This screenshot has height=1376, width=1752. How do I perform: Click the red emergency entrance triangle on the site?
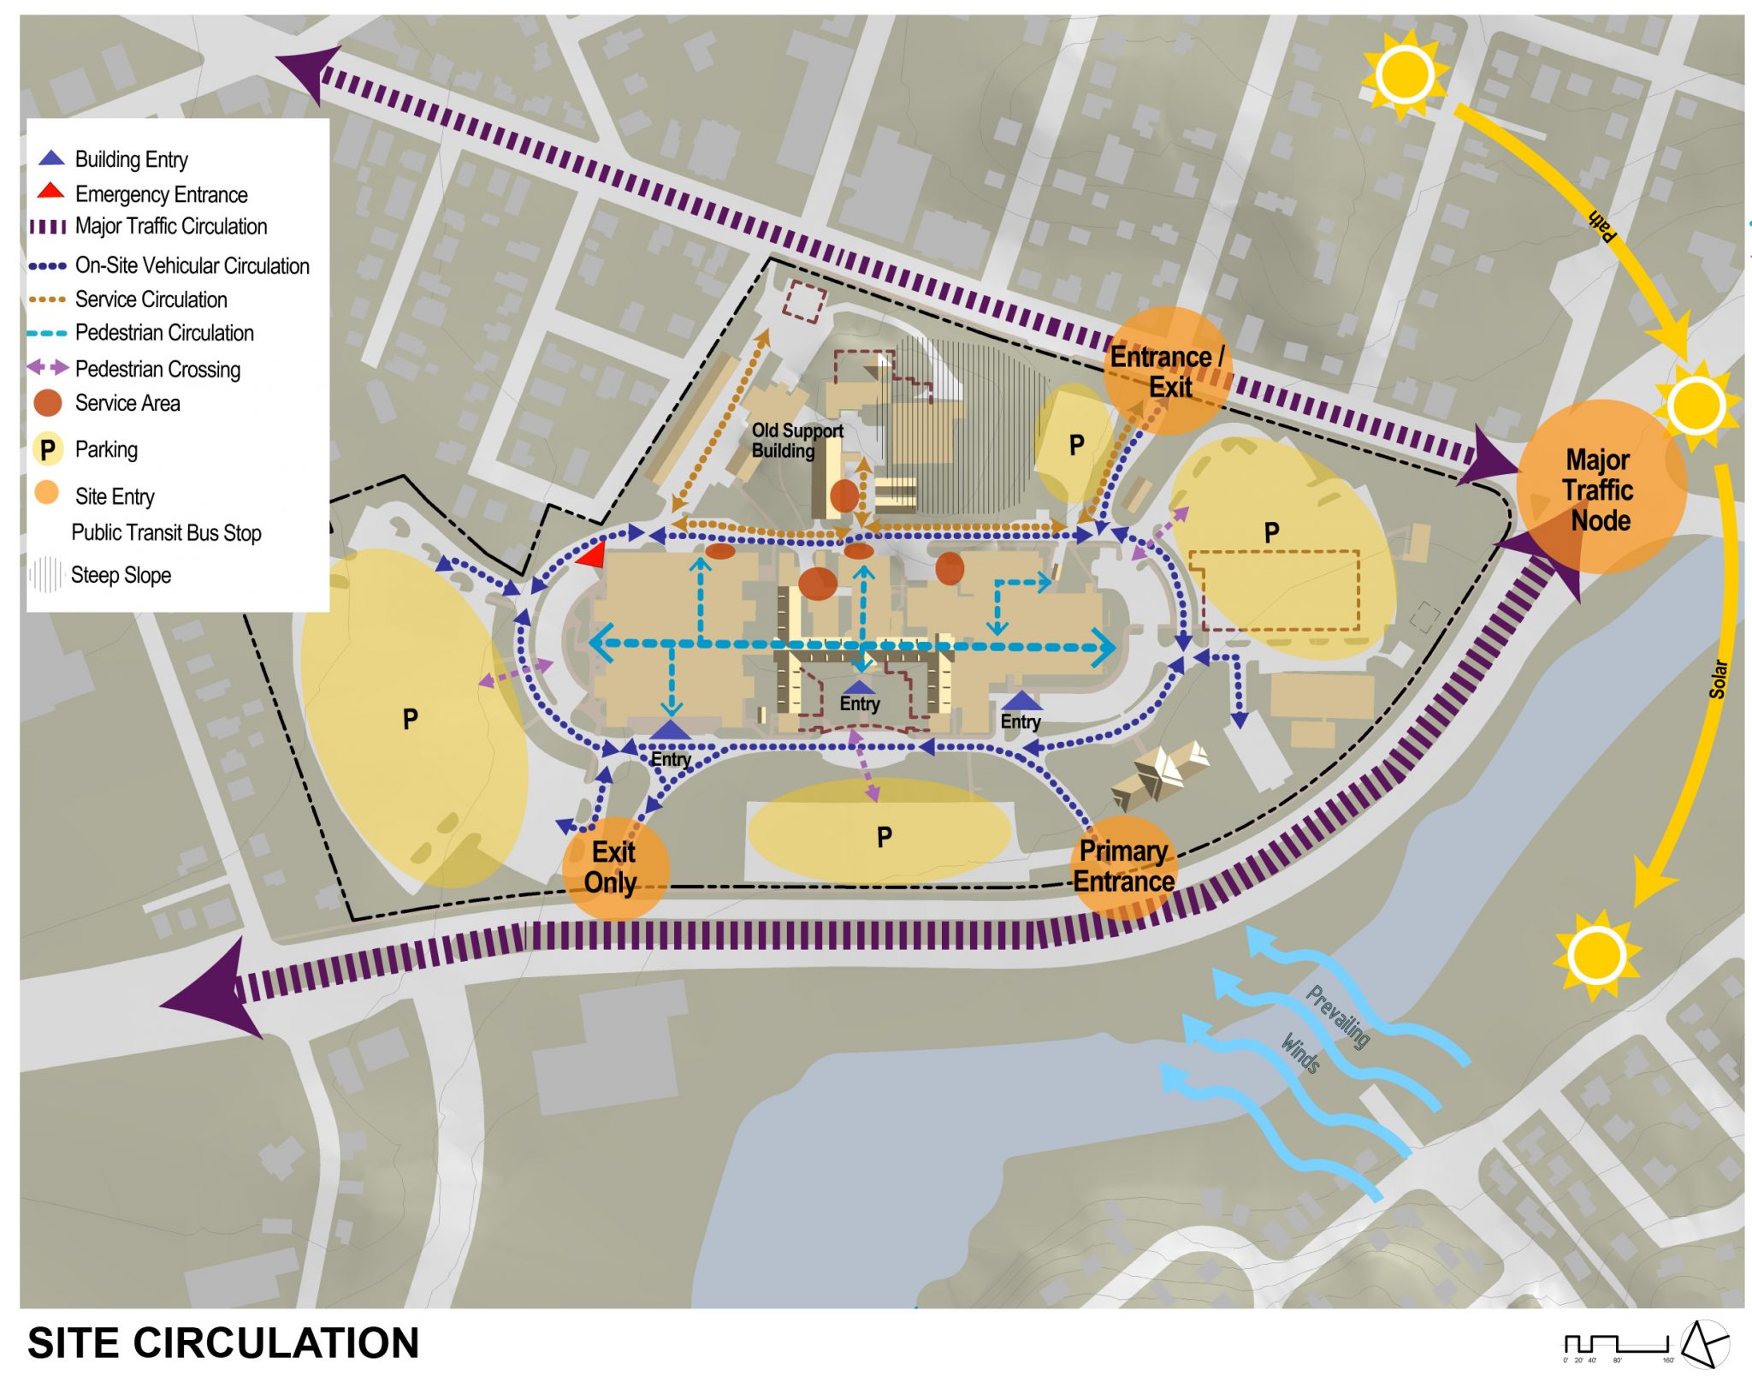pos(592,555)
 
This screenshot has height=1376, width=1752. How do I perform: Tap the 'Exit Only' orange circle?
pos(614,868)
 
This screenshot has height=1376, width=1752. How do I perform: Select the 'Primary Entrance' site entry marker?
pos(1123,867)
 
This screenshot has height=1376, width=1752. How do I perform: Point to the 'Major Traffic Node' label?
pos(1599,490)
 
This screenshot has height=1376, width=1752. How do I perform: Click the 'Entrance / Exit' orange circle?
pos(1168,371)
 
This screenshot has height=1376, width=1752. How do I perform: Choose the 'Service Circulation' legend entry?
pos(151,300)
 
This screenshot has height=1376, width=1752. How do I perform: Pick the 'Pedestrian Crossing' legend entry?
pos(157,369)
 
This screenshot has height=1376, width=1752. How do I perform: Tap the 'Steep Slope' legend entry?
pos(121,575)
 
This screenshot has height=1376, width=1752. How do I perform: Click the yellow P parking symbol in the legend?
pos(48,449)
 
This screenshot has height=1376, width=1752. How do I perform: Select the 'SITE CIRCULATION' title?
pos(223,1343)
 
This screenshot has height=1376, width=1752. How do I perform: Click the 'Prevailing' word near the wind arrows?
pos(1338,1017)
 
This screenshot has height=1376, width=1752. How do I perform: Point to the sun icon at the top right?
pos(1404,74)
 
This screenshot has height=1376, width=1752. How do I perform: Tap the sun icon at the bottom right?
pos(1596,954)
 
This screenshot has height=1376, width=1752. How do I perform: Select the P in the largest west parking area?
pos(411,719)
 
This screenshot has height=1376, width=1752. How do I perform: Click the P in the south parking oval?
pos(885,836)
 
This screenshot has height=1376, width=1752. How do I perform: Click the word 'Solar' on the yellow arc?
pos(1718,679)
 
